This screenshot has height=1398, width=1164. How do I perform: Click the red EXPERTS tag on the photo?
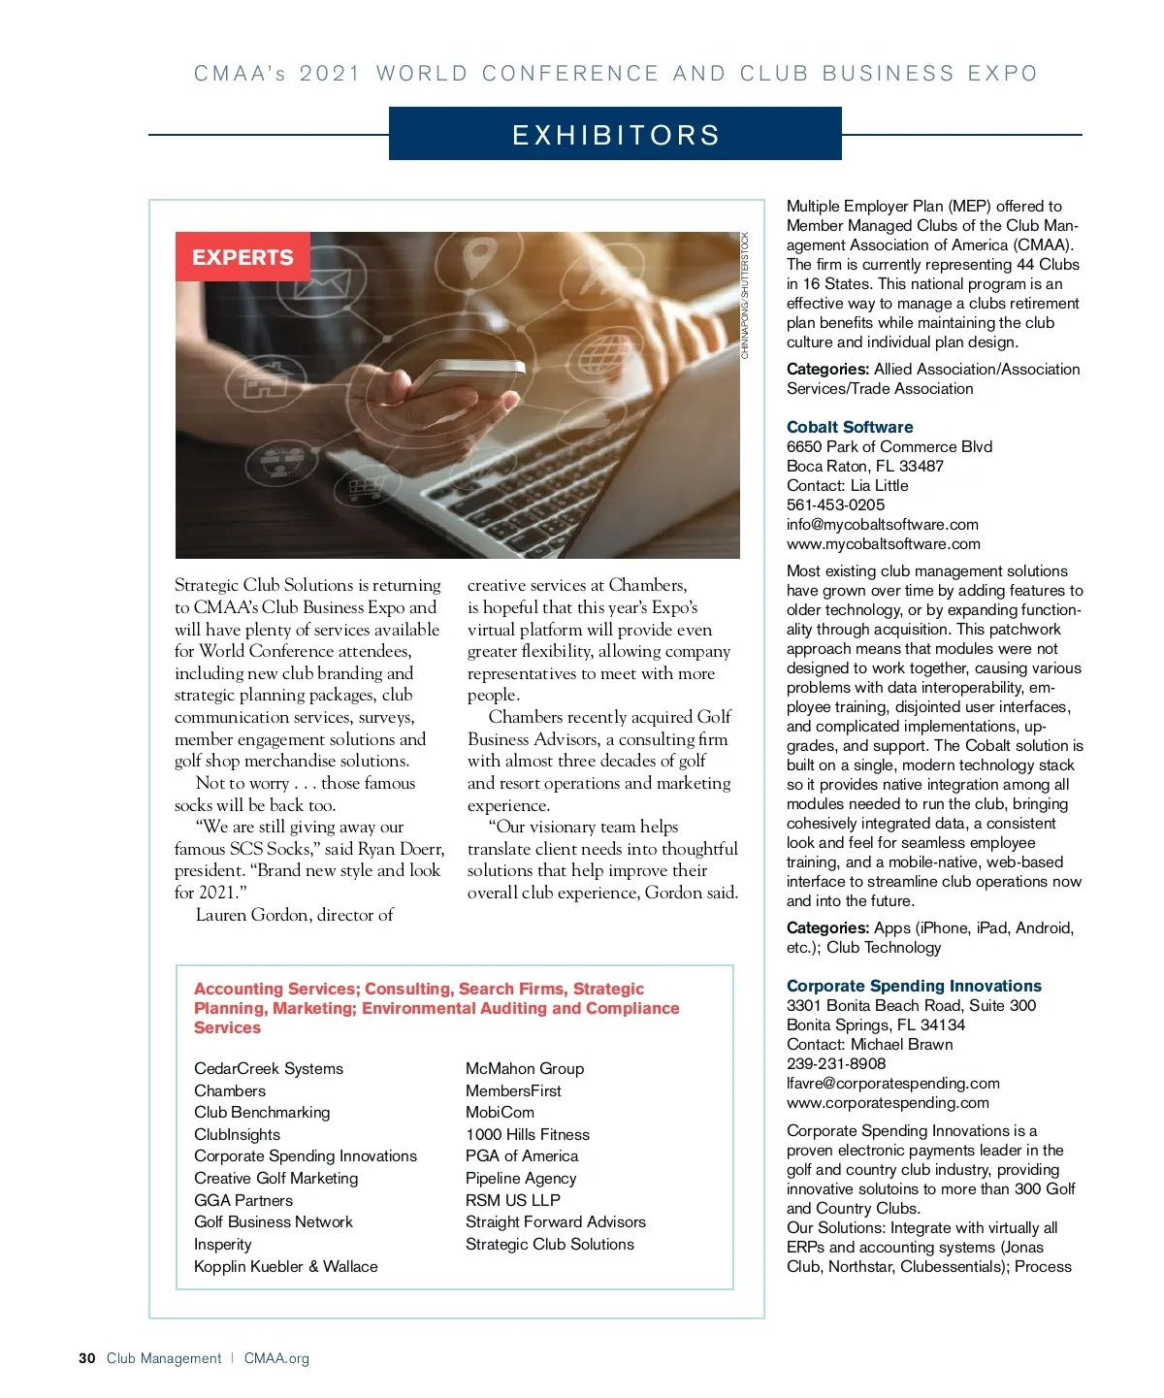coord(242,257)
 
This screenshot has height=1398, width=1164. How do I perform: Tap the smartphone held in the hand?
coord(466,379)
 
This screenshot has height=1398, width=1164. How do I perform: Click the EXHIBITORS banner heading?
coord(615,135)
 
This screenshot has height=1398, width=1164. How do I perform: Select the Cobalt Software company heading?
coord(850,427)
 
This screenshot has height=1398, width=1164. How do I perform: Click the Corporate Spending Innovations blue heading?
coord(914,986)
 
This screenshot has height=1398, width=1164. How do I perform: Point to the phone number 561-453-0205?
coord(835,504)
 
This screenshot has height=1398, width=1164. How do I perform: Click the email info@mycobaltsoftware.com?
coord(882,524)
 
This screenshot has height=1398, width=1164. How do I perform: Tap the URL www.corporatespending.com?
coord(888,1102)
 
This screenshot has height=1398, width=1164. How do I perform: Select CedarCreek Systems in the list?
coord(269,1068)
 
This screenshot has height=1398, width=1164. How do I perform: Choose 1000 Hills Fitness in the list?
coord(528,1134)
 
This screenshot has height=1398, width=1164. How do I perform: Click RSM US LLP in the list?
coord(513,1200)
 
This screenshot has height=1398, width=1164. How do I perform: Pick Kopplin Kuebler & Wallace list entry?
coord(286,1266)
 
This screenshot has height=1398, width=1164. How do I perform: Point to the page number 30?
coord(87,1358)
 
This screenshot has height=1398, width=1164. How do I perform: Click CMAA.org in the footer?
coord(276,1358)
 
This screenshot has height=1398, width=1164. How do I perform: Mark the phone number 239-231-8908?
coord(836,1063)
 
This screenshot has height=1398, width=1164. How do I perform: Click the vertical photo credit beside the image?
coord(745,296)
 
